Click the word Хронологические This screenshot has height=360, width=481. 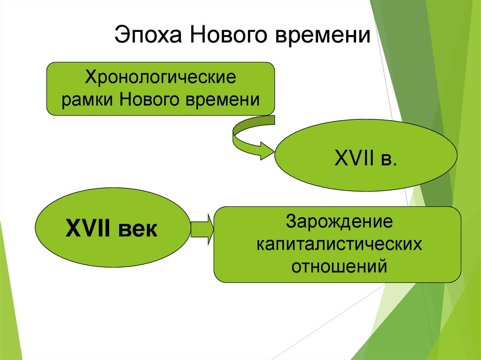160,77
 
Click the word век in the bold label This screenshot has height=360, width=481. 139,230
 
